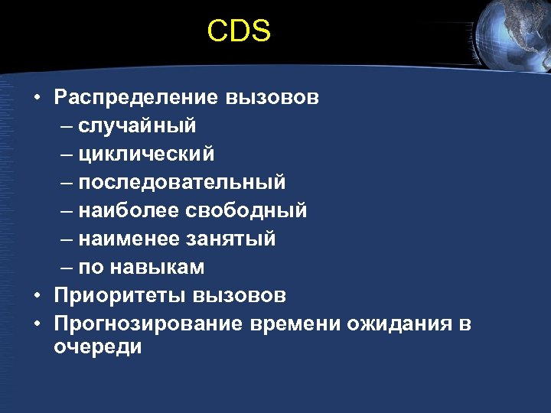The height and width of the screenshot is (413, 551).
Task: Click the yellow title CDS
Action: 239,31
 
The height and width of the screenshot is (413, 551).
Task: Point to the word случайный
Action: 137,125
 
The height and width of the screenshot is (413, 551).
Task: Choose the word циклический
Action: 146,154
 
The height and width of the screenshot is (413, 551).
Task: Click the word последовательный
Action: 181,182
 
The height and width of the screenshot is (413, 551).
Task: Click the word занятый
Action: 230,239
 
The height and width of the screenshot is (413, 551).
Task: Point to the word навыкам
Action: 157,267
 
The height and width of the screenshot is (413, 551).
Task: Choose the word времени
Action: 294,324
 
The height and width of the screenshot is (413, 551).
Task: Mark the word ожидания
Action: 399,324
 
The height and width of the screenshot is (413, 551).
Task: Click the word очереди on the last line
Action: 98,346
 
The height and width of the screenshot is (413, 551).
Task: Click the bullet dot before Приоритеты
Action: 36,295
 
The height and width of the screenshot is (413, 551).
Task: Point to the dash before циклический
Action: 66,154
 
